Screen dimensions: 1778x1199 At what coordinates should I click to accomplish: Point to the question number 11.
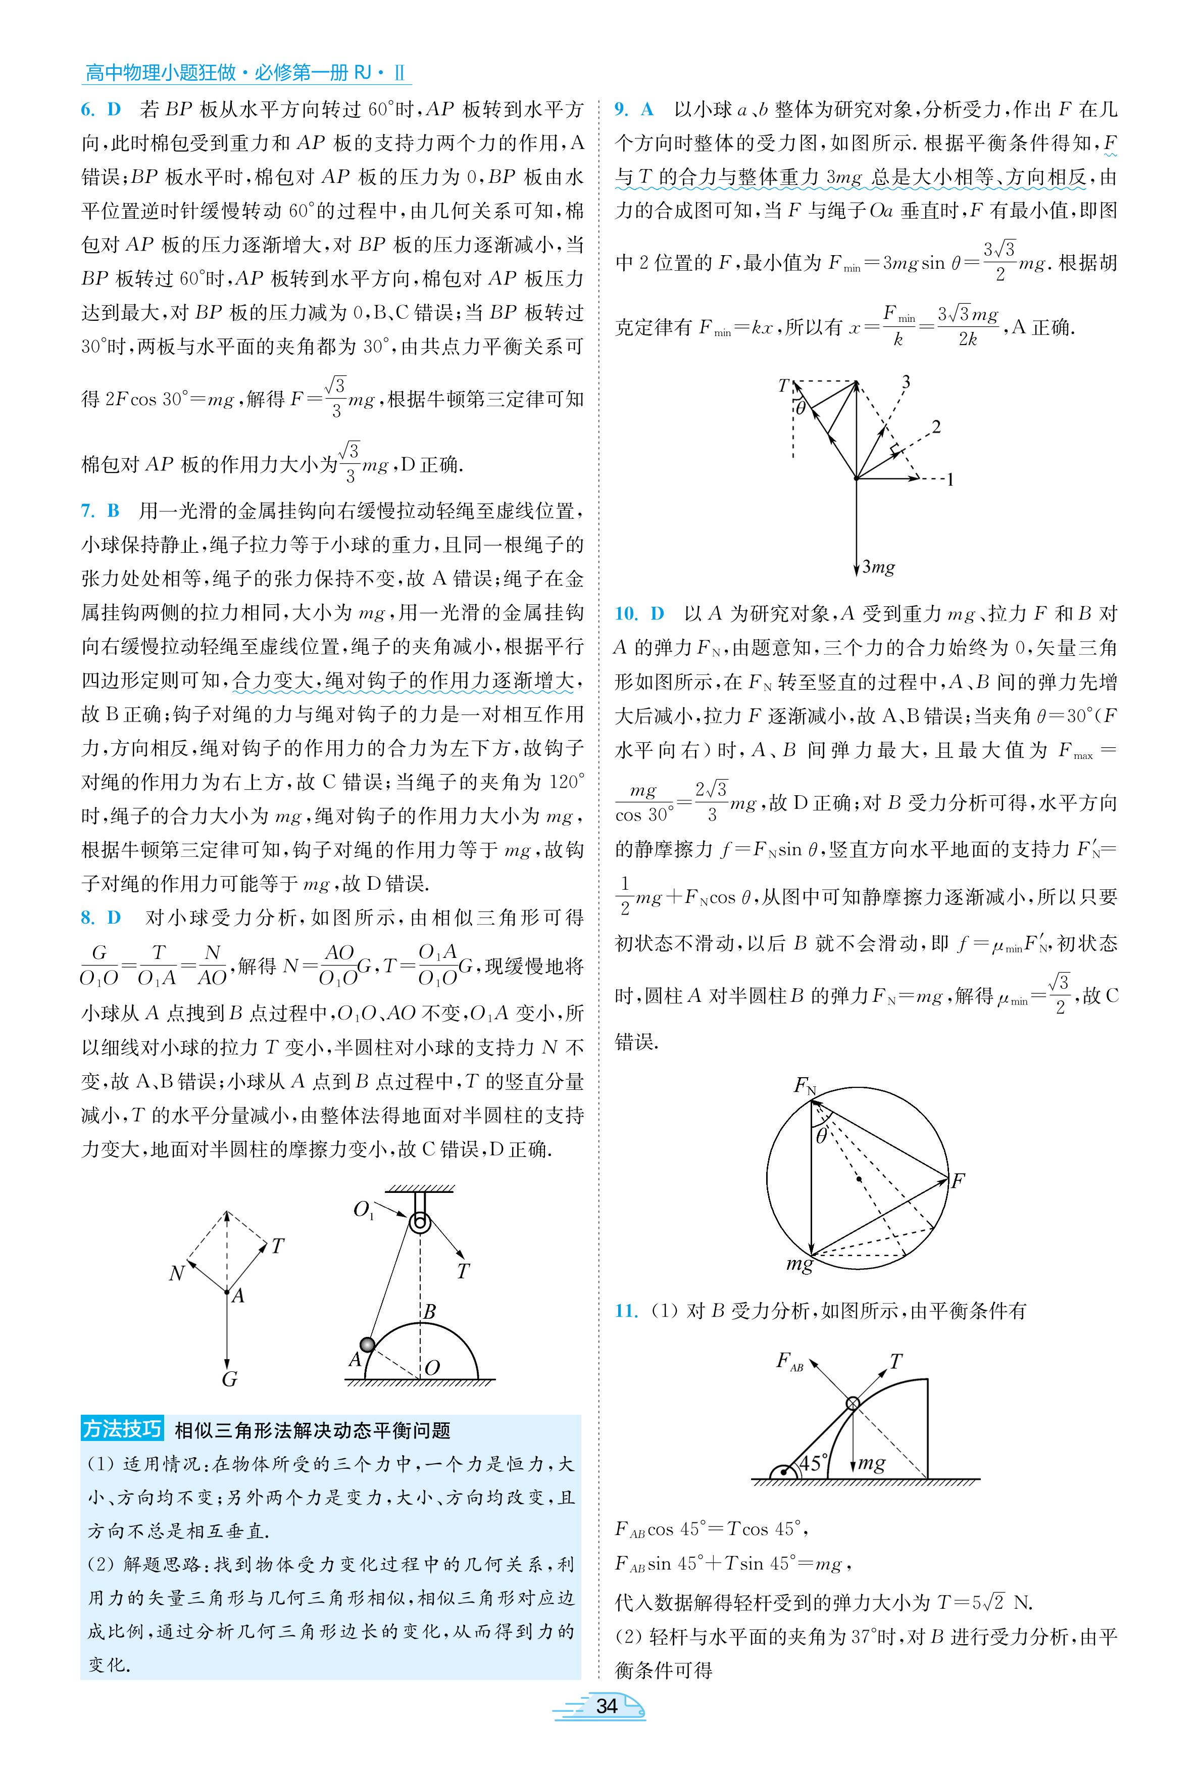click(x=625, y=1311)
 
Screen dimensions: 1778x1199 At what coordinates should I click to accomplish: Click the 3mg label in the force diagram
click(x=878, y=567)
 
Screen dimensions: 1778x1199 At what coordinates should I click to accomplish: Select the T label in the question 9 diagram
click(x=783, y=386)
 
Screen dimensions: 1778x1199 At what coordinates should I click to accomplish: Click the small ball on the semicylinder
click(x=368, y=1344)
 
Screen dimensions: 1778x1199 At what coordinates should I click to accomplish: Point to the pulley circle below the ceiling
click(x=419, y=1222)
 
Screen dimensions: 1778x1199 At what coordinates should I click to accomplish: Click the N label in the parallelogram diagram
click(x=177, y=1273)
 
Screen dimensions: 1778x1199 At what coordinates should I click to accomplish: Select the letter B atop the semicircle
click(x=430, y=1312)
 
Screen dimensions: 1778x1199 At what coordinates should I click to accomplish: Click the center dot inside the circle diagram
click(x=860, y=1178)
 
